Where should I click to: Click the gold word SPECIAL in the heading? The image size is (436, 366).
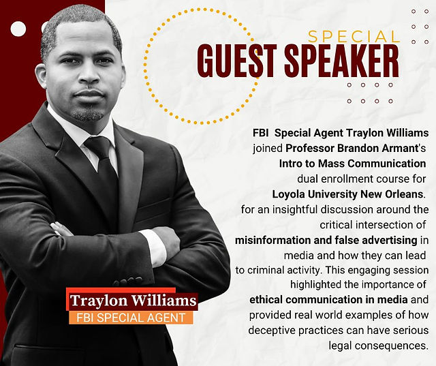point(354,36)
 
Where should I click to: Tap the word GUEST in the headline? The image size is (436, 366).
point(237,61)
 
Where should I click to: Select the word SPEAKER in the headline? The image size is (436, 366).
point(342,61)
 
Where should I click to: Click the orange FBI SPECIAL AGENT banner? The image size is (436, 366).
point(131,318)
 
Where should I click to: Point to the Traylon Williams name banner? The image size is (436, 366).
point(132,300)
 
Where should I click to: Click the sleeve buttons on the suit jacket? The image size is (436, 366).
point(128,281)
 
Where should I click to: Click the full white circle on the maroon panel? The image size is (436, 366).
point(18,29)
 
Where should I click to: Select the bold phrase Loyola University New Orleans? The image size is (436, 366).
point(347,194)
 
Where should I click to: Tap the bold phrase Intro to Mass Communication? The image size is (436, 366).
point(352,164)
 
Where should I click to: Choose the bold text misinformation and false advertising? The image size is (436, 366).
point(326,241)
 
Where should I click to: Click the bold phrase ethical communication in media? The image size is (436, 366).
point(328,300)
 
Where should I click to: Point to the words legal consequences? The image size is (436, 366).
point(377,346)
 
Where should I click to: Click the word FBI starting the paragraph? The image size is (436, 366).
point(260,133)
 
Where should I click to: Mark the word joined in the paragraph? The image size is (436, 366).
point(268,149)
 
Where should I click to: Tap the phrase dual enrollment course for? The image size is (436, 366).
point(362,179)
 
